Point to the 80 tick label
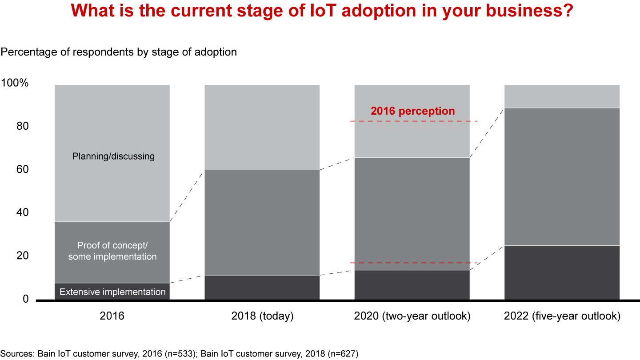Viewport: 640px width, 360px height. (23, 126)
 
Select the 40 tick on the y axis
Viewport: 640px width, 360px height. (23, 212)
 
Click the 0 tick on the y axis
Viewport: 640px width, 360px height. (25, 299)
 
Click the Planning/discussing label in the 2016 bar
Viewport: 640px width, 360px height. (113, 156)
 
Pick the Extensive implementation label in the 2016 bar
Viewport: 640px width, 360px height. (112, 292)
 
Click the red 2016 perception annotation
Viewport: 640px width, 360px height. (413, 111)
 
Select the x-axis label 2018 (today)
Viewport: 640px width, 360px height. (262, 316)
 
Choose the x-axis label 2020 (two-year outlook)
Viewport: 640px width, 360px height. (412, 316)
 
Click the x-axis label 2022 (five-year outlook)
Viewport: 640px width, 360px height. (562, 316)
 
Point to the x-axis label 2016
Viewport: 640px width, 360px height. (112, 316)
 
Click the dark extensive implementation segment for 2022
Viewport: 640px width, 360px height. (562, 272)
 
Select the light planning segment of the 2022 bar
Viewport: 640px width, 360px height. (562, 96)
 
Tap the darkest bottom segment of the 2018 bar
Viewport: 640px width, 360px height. (262, 288)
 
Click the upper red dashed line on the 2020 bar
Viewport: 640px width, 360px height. (413, 121)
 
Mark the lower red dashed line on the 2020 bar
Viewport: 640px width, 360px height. (413, 263)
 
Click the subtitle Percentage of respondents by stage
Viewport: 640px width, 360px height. (119, 52)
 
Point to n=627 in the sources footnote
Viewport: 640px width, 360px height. (342, 354)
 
